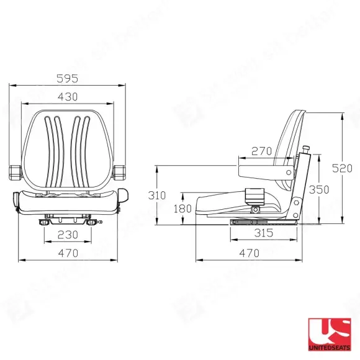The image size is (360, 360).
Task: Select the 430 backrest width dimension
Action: click(69, 97)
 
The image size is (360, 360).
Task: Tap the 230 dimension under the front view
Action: click(69, 235)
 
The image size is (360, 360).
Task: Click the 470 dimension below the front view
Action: click(69, 253)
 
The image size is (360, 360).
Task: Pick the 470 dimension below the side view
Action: click(249, 253)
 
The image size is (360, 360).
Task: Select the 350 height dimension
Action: click(320, 190)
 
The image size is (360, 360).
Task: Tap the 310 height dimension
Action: click(157, 195)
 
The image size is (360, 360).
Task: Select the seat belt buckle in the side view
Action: click(255, 196)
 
